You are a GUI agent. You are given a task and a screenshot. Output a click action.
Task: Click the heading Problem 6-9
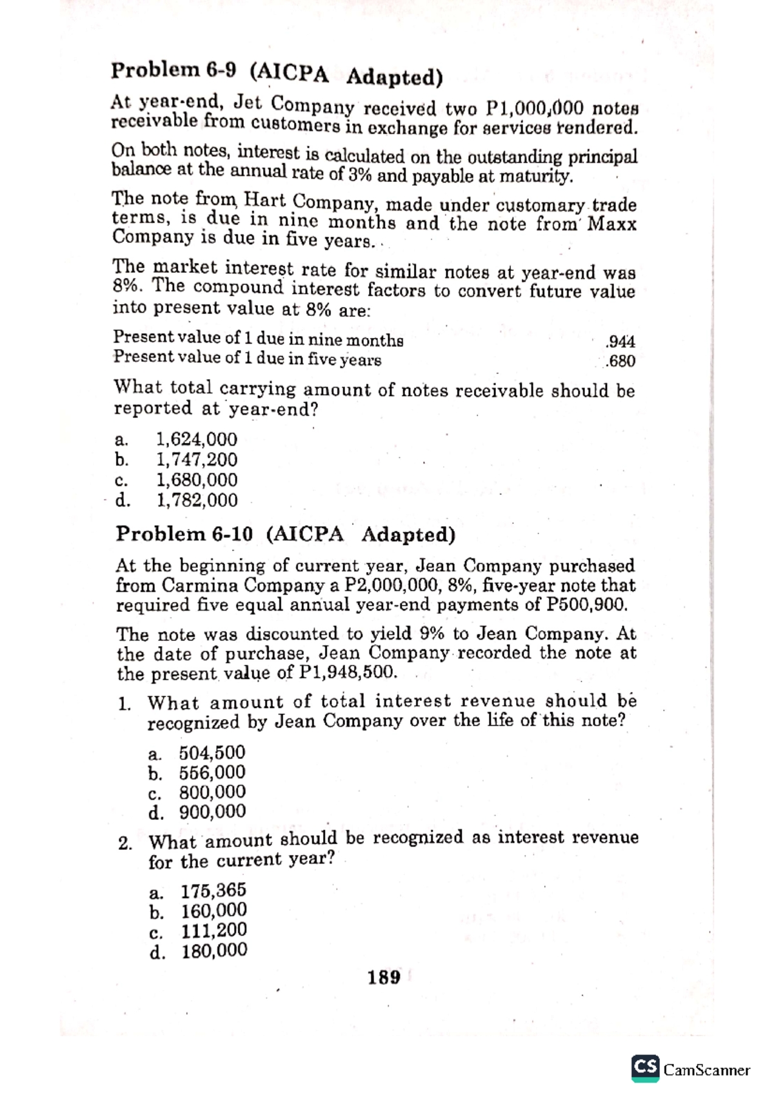click(x=276, y=73)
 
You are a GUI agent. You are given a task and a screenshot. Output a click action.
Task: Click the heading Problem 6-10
click(x=285, y=534)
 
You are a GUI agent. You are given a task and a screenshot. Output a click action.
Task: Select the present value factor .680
click(x=621, y=360)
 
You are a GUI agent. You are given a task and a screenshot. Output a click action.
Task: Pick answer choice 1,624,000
click(x=197, y=439)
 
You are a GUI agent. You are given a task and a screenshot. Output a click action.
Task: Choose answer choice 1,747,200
click(x=197, y=459)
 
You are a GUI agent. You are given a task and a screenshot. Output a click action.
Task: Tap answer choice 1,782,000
click(x=197, y=500)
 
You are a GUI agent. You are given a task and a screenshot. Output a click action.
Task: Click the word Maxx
click(x=612, y=224)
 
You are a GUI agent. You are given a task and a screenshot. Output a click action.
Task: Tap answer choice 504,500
click(x=212, y=753)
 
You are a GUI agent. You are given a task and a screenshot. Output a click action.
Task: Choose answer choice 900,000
click(x=212, y=811)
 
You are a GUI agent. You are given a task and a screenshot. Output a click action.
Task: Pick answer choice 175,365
click(x=213, y=891)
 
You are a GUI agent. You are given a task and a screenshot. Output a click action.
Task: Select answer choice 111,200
click(x=213, y=931)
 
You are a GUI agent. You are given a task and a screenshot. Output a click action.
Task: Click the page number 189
click(x=384, y=978)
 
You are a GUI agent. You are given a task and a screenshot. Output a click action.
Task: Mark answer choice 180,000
click(x=214, y=951)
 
